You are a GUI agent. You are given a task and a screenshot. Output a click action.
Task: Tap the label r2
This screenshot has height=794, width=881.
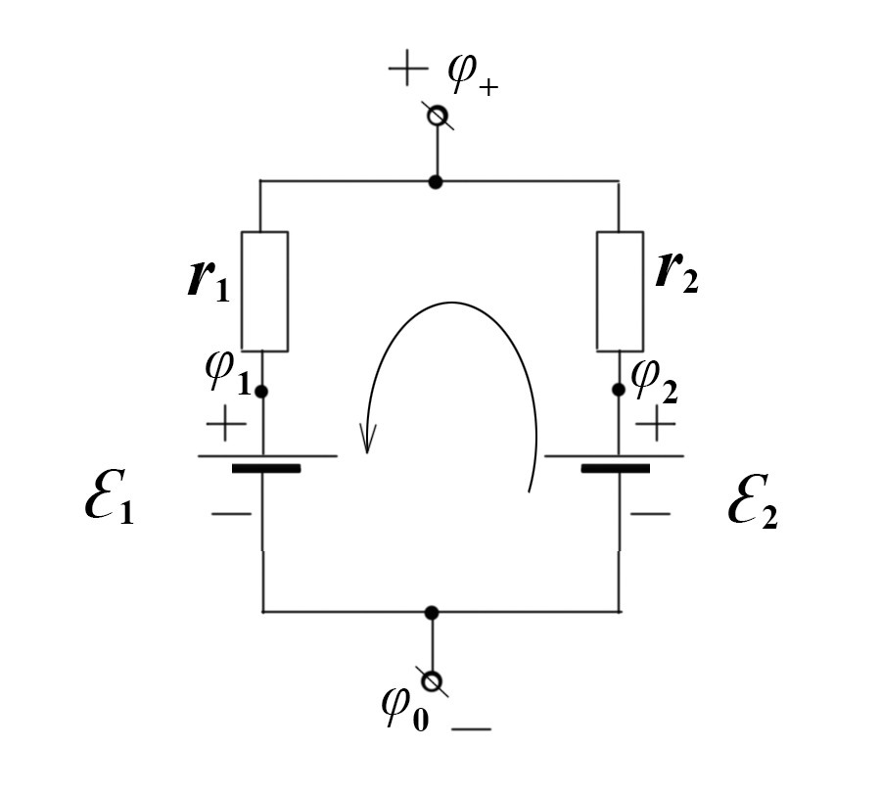(x=677, y=271)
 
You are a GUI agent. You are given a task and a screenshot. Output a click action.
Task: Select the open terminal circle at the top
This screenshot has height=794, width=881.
(x=438, y=116)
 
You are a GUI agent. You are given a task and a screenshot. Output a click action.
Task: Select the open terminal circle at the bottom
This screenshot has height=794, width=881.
(x=432, y=681)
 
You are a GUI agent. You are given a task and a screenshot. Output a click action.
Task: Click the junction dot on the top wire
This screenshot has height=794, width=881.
(x=435, y=181)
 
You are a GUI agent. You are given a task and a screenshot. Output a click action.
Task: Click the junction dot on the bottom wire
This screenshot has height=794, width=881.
(x=432, y=613)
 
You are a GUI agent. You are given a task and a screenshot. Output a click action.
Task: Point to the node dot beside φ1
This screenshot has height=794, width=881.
(x=261, y=392)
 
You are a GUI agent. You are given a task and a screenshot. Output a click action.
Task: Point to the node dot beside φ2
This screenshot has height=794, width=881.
(x=619, y=390)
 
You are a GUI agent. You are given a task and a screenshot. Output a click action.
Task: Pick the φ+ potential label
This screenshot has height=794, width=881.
(x=473, y=75)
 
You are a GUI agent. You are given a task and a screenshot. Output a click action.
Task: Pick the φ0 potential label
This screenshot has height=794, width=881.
(x=405, y=710)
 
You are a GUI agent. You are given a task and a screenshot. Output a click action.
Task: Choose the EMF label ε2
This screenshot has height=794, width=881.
(x=753, y=502)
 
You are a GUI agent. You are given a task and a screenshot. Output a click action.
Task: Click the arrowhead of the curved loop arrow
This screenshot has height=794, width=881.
(x=367, y=439)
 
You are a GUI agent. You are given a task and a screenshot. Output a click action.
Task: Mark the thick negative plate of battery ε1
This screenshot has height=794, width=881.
(x=266, y=469)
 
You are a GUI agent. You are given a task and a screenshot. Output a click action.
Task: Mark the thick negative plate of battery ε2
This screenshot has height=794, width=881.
(x=616, y=469)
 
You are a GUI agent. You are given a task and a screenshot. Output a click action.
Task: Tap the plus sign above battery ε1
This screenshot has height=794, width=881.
(x=226, y=423)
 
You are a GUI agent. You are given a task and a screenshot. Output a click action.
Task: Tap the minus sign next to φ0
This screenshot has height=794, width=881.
(x=472, y=729)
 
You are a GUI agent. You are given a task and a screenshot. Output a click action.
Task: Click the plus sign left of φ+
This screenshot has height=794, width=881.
(x=408, y=69)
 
